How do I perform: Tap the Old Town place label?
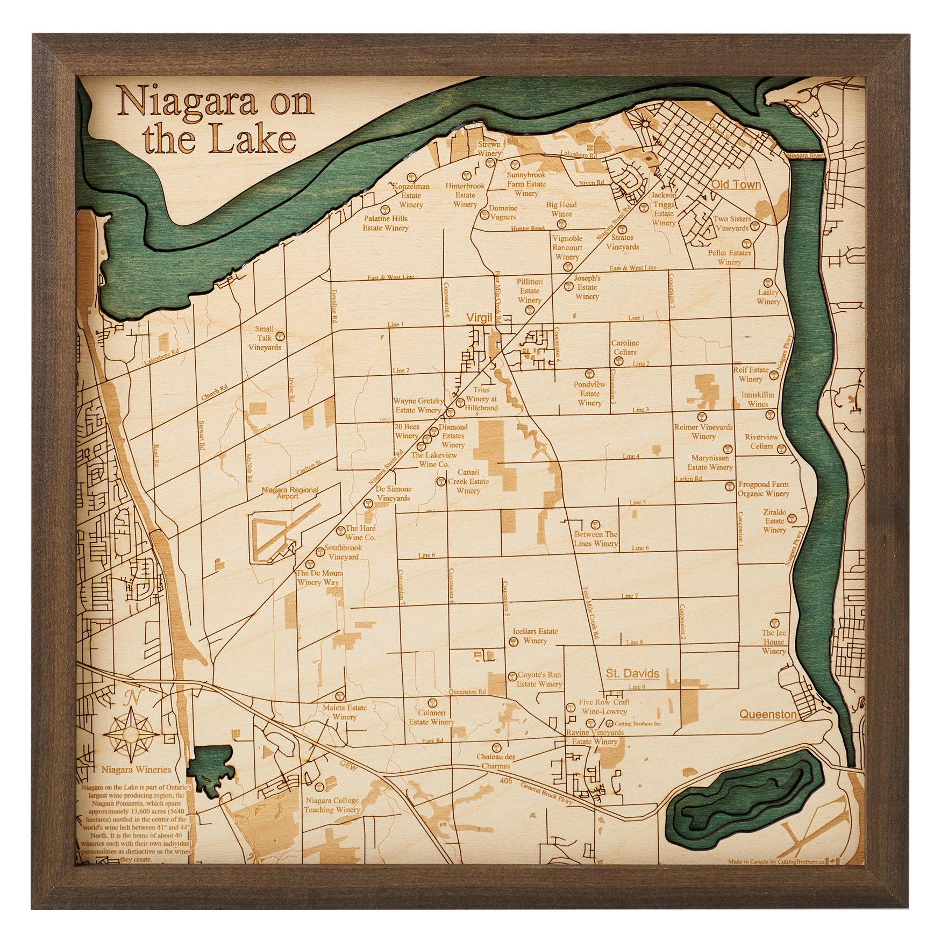[736, 184]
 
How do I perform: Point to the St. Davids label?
[632, 673]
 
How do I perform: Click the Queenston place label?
[767, 714]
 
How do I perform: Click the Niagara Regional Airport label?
[289, 493]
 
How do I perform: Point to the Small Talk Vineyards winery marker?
[279, 337]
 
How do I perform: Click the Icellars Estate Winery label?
[535, 636]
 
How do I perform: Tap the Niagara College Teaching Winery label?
[332, 805]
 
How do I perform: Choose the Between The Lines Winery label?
[596, 539]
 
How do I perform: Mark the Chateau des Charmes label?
[495, 761]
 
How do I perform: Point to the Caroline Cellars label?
[624, 347]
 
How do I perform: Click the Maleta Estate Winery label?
[345, 712]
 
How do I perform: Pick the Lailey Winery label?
[768, 297]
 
